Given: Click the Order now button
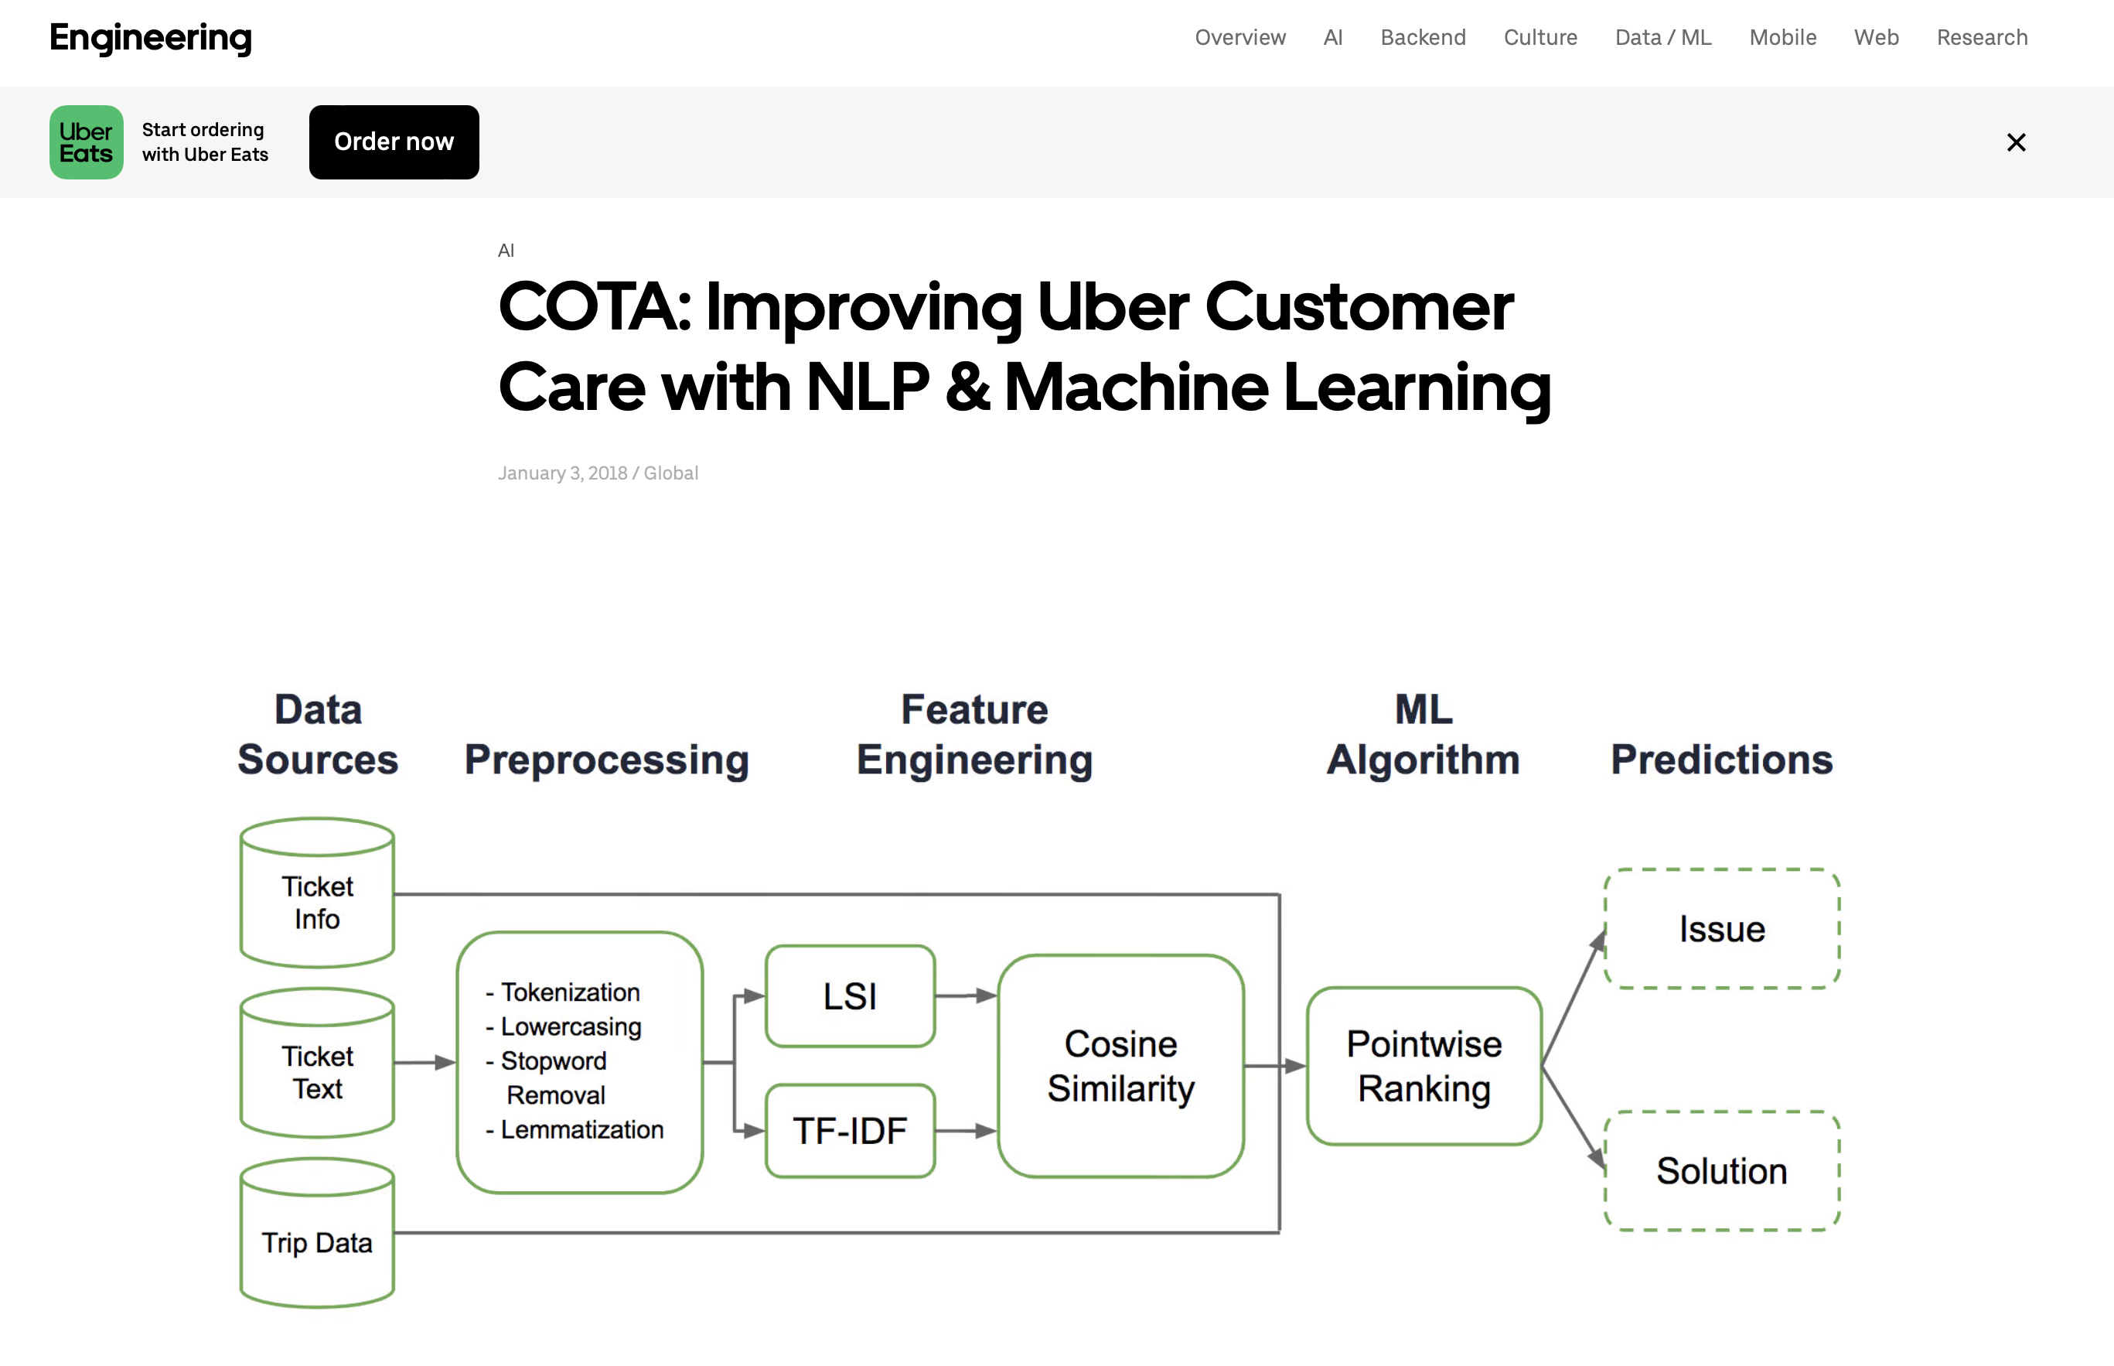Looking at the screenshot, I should (x=394, y=142).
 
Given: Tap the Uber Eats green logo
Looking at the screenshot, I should (x=86, y=142).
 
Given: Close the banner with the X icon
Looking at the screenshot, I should (x=2016, y=142).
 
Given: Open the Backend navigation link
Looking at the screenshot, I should (x=1422, y=37).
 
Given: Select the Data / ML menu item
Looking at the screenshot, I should (x=1662, y=37).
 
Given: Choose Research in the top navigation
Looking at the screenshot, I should (x=1982, y=37).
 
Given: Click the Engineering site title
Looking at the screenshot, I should (x=151, y=37).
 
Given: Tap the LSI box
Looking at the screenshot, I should (x=850, y=996).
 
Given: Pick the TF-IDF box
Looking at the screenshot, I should (x=850, y=1131).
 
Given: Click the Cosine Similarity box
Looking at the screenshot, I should (x=1121, y=1066).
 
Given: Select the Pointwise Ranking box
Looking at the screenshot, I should (x=1424, y=1066).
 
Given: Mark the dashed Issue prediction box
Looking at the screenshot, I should (x=1722, y=929).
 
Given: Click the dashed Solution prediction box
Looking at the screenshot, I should (x=1722, y=1171).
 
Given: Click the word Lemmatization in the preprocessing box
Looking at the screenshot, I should (x=581, y=1130).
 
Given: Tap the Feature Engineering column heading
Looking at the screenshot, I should (x=974, y=735).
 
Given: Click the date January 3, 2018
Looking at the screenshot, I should (x=562, y=473).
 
